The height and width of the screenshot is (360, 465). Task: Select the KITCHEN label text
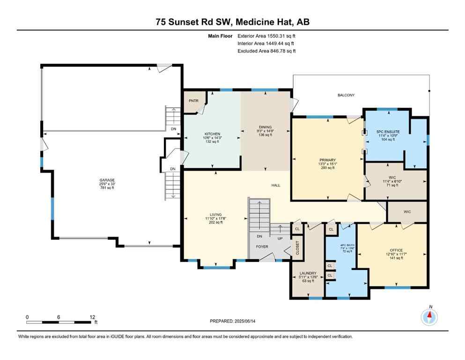(212, 134)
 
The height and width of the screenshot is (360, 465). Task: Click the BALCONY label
(346, 95)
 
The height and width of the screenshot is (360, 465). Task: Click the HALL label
(275, 185)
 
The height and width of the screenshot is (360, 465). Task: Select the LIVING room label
(215, 214)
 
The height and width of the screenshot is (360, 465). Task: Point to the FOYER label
(261, 247)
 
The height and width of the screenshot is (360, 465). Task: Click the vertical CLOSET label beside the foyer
(297, 248)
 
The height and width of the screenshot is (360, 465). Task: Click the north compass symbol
(430, 317)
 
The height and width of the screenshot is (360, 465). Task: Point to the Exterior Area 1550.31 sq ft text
(266, 36)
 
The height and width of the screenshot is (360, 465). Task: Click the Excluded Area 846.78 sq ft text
(266, 51)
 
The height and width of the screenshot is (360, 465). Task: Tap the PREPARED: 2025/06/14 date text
(233, 321)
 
